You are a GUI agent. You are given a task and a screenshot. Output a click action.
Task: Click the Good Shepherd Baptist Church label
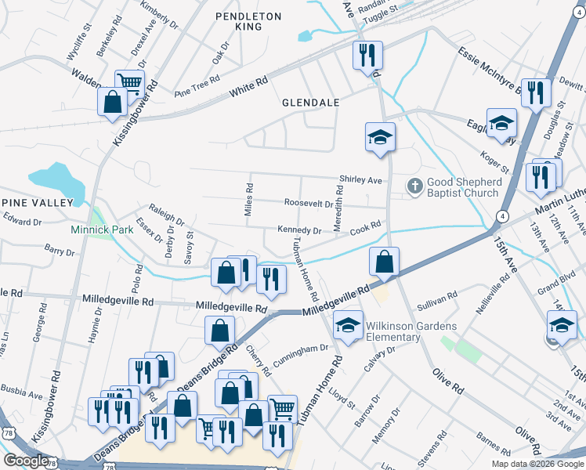[x=462, y=187]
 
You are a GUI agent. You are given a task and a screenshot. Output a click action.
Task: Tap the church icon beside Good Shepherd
[x=415, y=186]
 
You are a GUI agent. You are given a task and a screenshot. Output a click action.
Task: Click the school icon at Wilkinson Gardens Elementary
[x=346, y=325]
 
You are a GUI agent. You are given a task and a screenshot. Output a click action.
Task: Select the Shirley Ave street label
[x=360, y=179]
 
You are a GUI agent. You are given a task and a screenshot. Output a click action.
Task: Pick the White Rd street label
[x=249, y=87]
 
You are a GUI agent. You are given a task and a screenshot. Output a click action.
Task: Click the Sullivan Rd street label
[x=437, y=301]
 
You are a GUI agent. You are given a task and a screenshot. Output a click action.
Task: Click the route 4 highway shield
[x=502, y=216]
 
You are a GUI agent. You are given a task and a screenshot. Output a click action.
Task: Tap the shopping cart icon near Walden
[x=129, y=81]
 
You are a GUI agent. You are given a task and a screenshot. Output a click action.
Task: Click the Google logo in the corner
[x=26, y=461]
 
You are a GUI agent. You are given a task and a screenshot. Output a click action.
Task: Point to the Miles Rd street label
[x=249, y=200]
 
